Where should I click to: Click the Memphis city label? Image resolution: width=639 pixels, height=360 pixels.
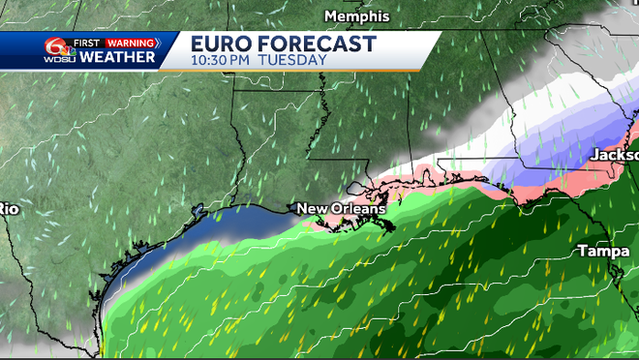tap(356, 16)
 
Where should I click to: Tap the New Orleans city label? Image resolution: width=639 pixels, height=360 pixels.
tap(340, 208)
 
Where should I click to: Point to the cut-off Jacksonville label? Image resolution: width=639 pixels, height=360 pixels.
tap(616, 155)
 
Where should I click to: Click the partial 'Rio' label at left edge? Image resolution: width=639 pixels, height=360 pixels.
tap(9, 208)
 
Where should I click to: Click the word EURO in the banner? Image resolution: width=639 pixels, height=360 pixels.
tap(224, 44)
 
